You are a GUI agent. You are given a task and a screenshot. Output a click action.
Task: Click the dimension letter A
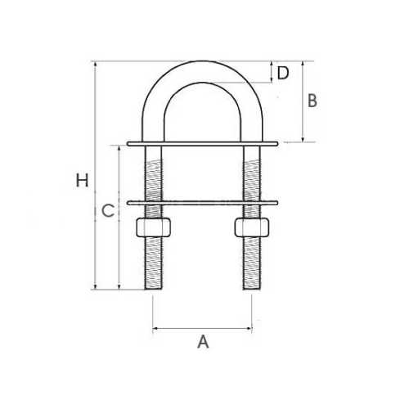coord(204,343)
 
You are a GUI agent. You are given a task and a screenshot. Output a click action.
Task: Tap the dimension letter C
coord(106,211)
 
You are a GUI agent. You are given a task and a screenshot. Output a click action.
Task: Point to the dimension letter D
coord(283,74)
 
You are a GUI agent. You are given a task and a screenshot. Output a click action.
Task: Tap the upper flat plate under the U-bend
coord(204,145)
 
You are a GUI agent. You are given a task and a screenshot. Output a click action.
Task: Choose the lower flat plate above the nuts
coord(204,201)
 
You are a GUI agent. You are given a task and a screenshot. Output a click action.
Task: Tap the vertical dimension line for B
coord(303,101)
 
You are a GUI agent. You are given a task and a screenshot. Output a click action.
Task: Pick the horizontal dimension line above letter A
coord(204,330)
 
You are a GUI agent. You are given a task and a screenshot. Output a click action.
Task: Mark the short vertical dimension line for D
coord(271,71)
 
